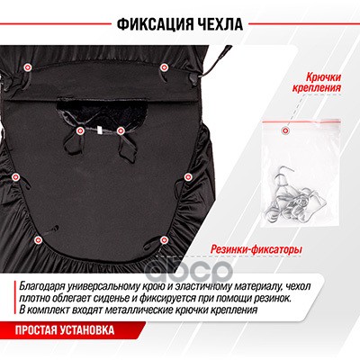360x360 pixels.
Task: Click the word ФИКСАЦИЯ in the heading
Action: pyautogui.click(x=152, y=24)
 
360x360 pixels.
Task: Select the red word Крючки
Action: pyautogui.click(x=323, y=77)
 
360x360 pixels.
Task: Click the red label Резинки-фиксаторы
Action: pyautogui.click(x=256, y=249)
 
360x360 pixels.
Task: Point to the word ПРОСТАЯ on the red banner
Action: pyautogui.click(x=36, y=330)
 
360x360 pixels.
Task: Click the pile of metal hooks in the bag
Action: pyautogui.click(x=294, y=197)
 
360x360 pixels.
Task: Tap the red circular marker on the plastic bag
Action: pyautogui.click(x=284, y=130)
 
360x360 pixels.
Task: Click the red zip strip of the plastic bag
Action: pyautogui.click(x=301, y=121)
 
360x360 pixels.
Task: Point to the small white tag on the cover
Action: pyautogui.click(x=100, y=130)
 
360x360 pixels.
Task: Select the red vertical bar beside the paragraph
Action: pyautogui.click(x=15, y=299)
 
